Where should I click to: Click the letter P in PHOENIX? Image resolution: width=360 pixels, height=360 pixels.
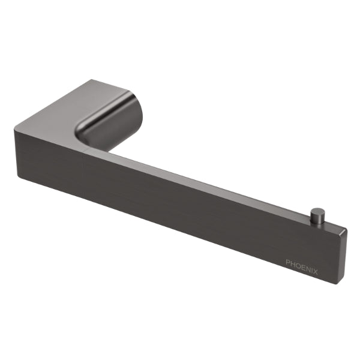[x=288, y=262]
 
